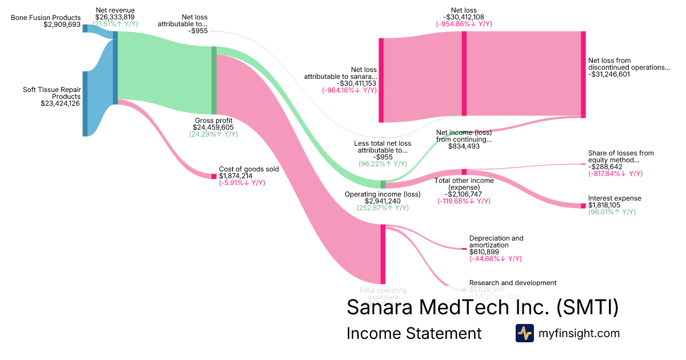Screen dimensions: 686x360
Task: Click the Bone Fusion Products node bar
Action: click(x=85, y=29)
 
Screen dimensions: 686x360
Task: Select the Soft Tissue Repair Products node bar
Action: click(x=85, y=103)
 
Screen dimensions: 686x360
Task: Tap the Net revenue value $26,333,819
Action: click(x=115, y=17)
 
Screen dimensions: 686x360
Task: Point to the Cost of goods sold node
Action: click(x=214, y=176)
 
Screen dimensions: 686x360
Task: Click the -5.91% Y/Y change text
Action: click(x=242, y=183)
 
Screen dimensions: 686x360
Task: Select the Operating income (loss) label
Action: click(x=382, y=194)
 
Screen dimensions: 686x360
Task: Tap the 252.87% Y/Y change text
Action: click(x=382, y=208)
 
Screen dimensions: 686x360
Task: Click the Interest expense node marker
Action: click(x=583, y=206)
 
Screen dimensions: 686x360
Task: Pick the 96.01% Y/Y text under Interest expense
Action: click(x=612, y=212)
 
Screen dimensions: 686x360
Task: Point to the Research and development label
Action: click(x=512, y=283)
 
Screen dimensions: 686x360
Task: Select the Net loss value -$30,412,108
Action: click(x=464, y=17)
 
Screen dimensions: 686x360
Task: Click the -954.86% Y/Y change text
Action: click(x=464, y=24)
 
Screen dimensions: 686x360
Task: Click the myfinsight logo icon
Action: click(x=524, y=333)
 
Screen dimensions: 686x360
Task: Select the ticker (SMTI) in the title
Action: click(x=588, y=307)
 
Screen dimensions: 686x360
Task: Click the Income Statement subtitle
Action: click(x=414, y=333)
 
